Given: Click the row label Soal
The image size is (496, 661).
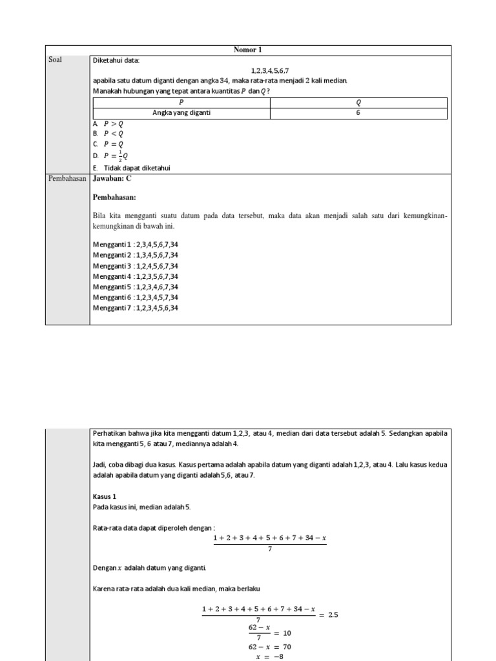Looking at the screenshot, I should tap(56, 60).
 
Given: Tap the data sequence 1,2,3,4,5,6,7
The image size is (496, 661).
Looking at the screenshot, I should tap(270, 70).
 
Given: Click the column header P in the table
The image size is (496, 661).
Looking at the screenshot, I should tap(181, 102).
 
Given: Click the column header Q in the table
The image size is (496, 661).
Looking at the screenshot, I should tap(358, 102).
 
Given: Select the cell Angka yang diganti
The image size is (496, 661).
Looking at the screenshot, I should tap(181, 113).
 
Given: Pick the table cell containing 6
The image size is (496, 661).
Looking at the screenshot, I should tap(358, 113).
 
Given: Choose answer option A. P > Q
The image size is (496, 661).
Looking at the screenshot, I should tap(108, 123).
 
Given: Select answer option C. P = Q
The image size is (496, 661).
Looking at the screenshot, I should tap(108, 144).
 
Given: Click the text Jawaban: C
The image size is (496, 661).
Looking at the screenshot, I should tap(112, 179).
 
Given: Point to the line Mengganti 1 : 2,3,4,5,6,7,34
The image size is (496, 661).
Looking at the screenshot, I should tap(136, 245).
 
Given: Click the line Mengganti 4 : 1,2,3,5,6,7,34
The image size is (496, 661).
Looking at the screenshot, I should tap(136, 276).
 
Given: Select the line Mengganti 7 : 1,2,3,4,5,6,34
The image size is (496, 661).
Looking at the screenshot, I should tap(136, 308).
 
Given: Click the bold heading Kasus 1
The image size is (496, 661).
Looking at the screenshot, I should tap(105, 496).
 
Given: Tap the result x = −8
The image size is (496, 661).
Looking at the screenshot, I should tap(270, 656).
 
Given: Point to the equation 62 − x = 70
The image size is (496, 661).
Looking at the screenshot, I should tap(270, 646).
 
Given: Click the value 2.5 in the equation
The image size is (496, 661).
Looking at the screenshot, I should tap(333, 615).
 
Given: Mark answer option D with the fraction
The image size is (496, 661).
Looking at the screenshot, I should tap(110, 156).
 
